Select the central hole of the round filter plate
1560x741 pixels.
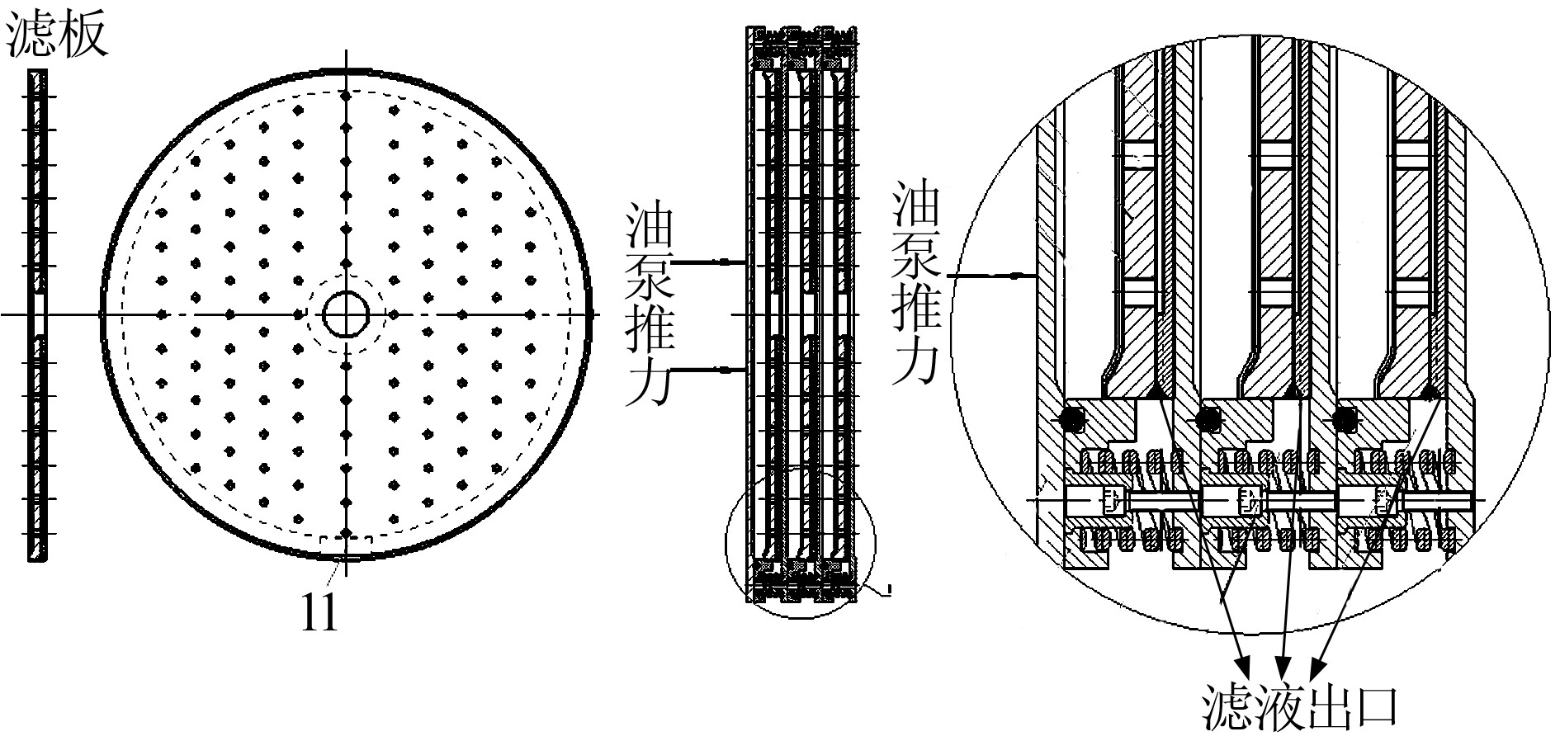click(346, 314)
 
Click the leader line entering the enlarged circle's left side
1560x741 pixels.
click(990, 276)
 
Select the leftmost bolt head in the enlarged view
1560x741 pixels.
click(1111, 500)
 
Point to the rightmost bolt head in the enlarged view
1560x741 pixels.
click(1383, 500)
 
